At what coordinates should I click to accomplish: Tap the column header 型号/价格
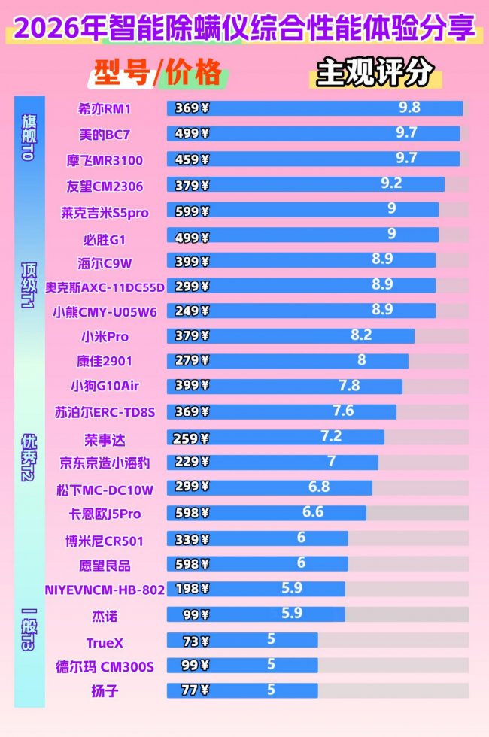(x=158, y=73)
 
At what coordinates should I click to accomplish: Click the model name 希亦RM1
(x=105, y=108)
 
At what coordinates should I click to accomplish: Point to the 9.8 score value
(x=409, y=108)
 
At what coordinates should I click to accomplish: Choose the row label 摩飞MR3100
(x=105, y=160)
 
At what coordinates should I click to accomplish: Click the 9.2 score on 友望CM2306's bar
(x=391, y=183)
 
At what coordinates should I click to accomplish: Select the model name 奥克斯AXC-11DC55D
(x=105, y=286)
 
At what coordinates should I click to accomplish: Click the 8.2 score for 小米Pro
(x=361, y=335)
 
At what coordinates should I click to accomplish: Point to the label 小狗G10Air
(x=105, y=386)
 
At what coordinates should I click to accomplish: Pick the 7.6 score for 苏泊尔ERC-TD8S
(x=343, y=411)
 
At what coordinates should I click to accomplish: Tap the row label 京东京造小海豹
(x=105, y=464)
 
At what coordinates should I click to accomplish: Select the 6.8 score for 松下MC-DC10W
(x=319, y=487)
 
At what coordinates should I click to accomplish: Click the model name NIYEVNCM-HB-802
(x=105, y=590)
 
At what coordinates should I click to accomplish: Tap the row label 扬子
(x=105, y=690)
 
